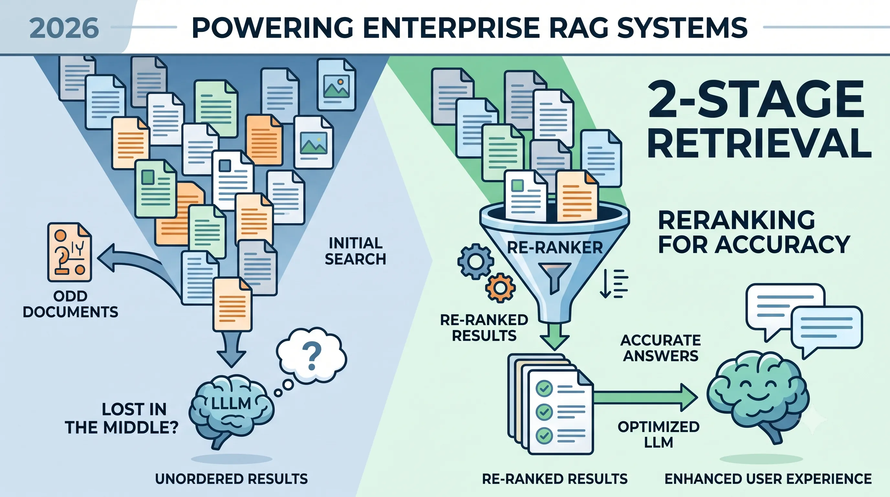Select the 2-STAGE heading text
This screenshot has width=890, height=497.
pos(757,99)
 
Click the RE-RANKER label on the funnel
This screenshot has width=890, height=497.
pos(555,248)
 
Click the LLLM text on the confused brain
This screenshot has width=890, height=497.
pos(231,403)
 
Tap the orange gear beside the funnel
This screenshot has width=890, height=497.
pos(501,288)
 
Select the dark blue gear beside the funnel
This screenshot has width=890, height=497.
pos(476,262)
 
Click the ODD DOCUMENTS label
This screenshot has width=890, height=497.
pos(71,304)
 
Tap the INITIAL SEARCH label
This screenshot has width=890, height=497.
pos(355,251)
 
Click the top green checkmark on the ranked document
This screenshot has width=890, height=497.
pos(544,389)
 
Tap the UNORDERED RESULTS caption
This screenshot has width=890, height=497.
pos(232,479)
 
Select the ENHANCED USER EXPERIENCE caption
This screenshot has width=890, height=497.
pos(768,479)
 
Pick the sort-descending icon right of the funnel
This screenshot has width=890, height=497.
pos(614,284)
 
